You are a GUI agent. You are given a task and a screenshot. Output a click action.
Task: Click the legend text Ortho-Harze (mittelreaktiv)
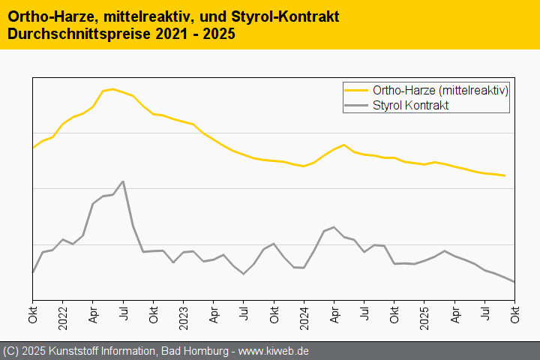click(x=440, y=90)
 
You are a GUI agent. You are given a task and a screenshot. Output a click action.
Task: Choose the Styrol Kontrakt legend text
click(x=410, y=106)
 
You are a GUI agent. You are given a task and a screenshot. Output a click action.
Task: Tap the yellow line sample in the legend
click(x=356, y=90)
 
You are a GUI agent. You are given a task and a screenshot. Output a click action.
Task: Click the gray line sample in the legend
click(x=356, y=106)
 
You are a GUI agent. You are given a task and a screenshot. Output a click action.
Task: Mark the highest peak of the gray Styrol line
click(x=123, y=181)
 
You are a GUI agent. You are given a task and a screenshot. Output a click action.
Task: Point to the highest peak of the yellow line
click(x=112, y=89)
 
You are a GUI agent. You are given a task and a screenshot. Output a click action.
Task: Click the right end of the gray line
click(x=514, y=282)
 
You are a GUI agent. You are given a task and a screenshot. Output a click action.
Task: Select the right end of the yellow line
click(x=505, y=175)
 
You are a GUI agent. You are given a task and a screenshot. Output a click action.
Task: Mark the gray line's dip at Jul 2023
click(x=244, y=274)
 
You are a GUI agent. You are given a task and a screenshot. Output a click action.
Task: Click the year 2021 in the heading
click(x=173, y=34)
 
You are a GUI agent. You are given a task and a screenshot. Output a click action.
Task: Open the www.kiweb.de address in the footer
click(x=274, y=351)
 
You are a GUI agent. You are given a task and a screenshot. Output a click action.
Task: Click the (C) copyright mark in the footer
click(x=10, y=351)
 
